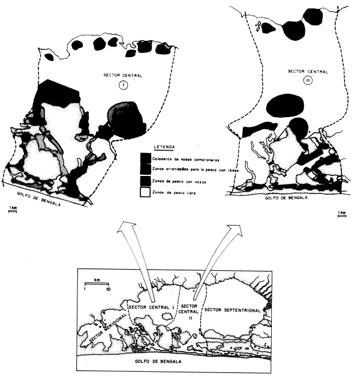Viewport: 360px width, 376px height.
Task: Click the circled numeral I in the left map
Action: (x=122, y=85)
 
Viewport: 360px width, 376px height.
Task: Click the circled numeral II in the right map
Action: (x=307, y=81)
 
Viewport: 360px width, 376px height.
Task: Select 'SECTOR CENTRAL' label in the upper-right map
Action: (x=307, y=70)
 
